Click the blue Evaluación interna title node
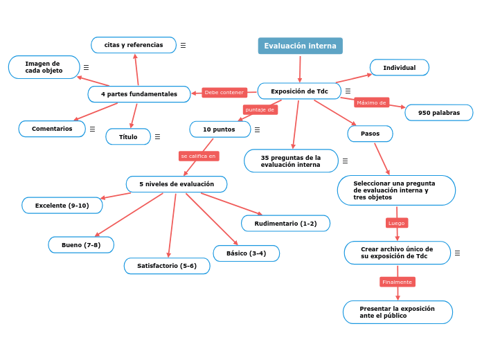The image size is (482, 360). (x=300, y=46)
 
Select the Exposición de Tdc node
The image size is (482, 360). (x=299, y=91)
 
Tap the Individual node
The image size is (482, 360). (x=400, y=68)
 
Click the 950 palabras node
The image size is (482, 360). (x=439, y=113)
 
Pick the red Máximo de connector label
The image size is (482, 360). (x=371, y=102)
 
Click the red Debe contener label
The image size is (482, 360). (x=224, y=92)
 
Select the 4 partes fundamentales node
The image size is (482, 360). (x=139, y=94)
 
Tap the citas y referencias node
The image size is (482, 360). (x=134, y=45)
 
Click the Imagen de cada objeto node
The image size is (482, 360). (x=44, y=67)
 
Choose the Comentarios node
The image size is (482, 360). (x=52, y=129)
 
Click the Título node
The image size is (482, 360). (x=128, y=137)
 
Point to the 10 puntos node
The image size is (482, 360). (x=219, y=129)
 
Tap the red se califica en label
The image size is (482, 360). (x=199, y=156)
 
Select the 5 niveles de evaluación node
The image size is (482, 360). (x=177, y=184)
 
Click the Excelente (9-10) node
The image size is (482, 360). (x=62, y=206)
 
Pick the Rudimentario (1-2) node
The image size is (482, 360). (x=285, y=224)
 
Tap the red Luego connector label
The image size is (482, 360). (x=397, y=223)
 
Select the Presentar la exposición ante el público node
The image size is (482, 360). (x=398, y=312)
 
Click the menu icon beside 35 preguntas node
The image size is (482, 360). (x=345, y=161)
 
